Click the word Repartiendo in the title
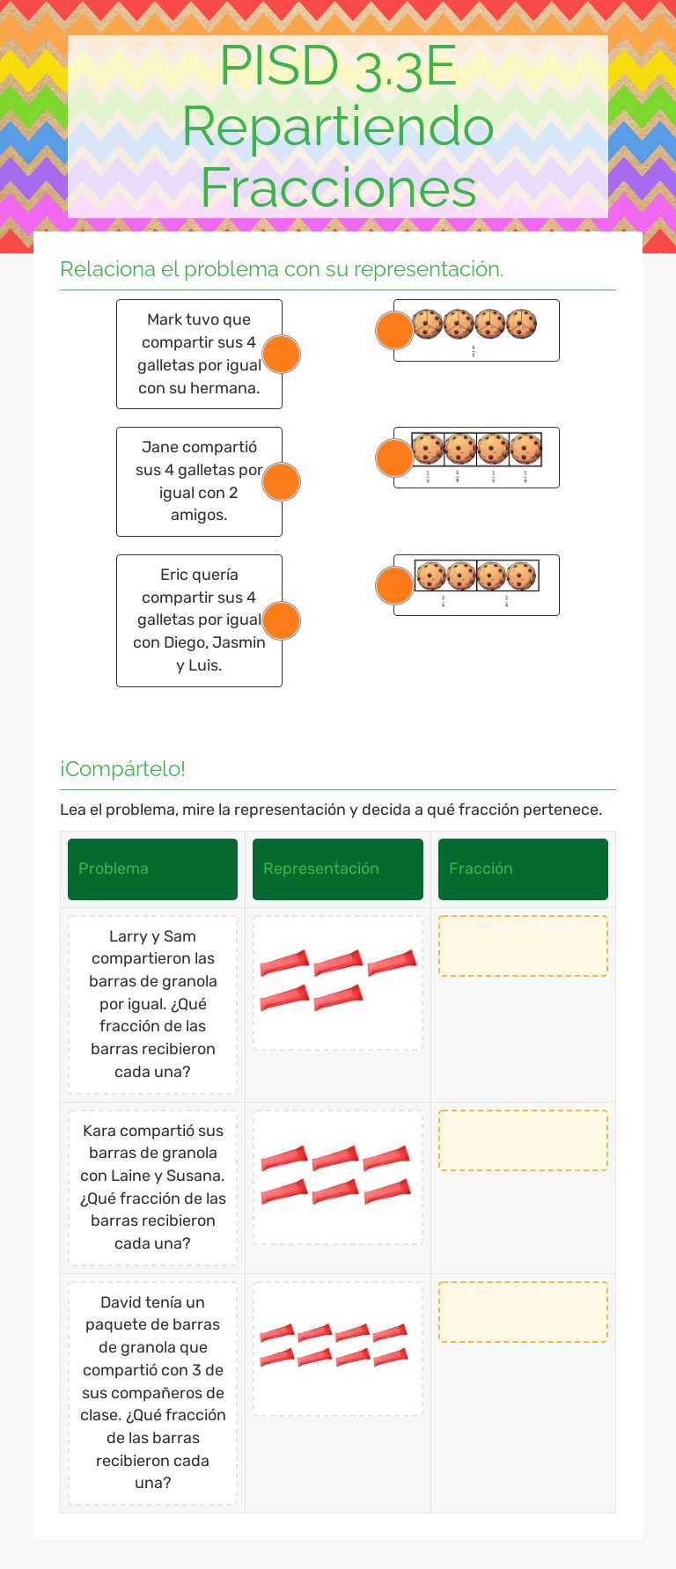pyautogui.click(x=338, y=126)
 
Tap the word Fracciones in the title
pyautogui.click(x=338, y=187)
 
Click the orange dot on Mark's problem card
pyautogui.click(x=282, y=354)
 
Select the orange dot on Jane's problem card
pyautogui.click(x=282, y=481)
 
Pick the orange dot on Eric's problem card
pyautogui.click(x=282, y=620)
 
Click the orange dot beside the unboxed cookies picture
pyautogui.click(x=394, y=330)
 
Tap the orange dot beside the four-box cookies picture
pyautogui.click(x=394, y=458)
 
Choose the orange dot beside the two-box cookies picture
pyautogui.click(x=394, y=585)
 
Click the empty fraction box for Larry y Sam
pyautogui.click(x=523, y=946)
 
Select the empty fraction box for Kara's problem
pyautogui.click(x=523, y=1140)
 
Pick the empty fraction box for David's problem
pyautogui.click(x=523, y=1312)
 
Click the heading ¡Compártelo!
pyautogui.click(x=122, y=768)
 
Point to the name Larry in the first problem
pyautogui.click(x=128, y=936)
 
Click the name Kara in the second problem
pyautogui.click(x=99, y=1131)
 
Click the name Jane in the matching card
pyautogui.click(x=159, y=447)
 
